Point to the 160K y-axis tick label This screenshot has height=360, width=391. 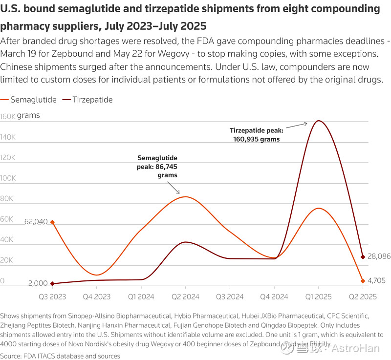8,117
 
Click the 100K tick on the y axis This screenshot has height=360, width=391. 8,178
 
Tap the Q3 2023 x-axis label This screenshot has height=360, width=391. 52,296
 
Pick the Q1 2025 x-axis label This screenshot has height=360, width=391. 318,296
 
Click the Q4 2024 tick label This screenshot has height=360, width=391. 274,296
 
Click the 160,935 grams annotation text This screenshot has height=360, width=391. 257,139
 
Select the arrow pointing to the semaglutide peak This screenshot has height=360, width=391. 173,188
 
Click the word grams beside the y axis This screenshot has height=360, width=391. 28,116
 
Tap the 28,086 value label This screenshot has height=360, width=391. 379,256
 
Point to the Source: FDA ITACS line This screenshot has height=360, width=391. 60,356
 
